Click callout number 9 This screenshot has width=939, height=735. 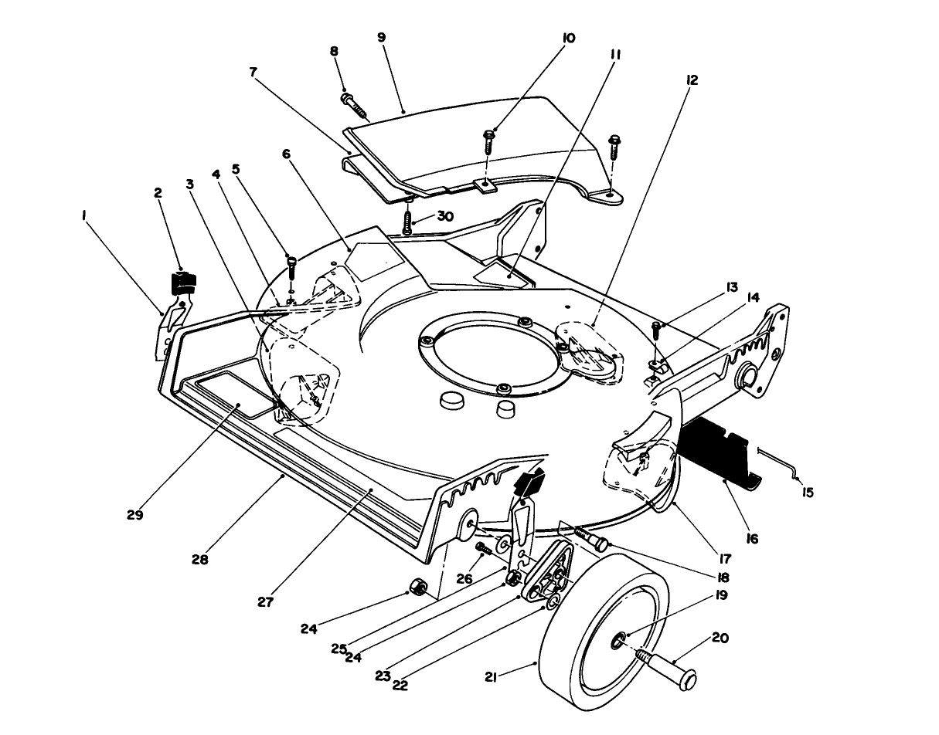coord(381,38)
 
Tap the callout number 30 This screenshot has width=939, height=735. coord(445,216)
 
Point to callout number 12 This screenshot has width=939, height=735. coord(692,80)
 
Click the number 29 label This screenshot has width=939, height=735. coord(134,515)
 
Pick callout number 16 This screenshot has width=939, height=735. coord(752,539)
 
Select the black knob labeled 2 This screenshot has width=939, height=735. coord(183,283)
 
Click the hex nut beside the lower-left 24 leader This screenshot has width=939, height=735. coord(418,587)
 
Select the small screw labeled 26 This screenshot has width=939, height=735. coord(485,550)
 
